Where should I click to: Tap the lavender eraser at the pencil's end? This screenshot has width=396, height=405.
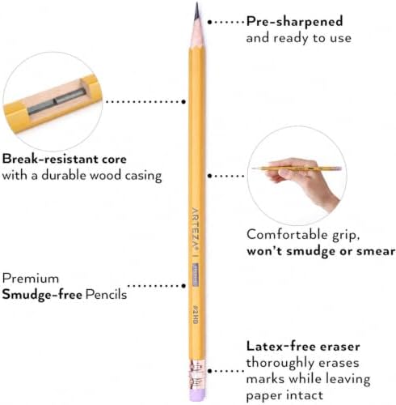tap(196, 395)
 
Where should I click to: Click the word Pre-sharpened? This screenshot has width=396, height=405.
tap(295, 22)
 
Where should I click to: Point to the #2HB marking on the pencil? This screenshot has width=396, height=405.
tap(196, 314)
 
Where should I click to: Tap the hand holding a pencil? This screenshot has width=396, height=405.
tap(301, 181)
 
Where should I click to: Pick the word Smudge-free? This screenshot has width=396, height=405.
tap(42, 294)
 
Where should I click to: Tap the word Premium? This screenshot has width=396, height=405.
tap(31, 279)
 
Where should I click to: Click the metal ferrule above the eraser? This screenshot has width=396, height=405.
tap(196, 374)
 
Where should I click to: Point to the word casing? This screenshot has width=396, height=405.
tap(143, 176)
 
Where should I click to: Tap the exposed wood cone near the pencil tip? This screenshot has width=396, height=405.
tap(197, 34)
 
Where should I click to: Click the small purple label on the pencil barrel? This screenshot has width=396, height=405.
tap(196, 274)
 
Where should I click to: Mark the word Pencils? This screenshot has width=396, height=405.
tap(106, 294)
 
